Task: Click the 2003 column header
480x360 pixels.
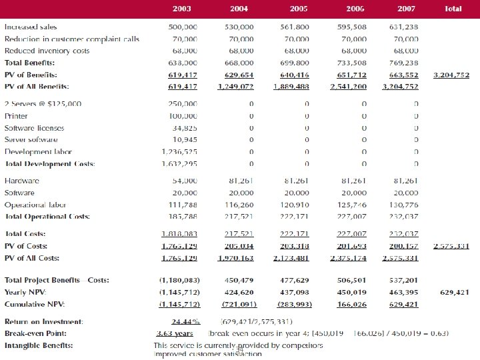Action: click(181, 9)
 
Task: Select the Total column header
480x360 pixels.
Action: click(453, 9)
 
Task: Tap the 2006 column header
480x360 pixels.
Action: click(355, 9)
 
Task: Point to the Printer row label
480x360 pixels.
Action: click(17, 115)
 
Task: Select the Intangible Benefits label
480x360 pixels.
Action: click(39, 345)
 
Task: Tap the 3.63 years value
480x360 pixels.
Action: click(175, 333)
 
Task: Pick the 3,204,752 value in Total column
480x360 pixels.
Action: click(451, 75)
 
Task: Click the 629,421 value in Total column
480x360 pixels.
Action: click(455, 292)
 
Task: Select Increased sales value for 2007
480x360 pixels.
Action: click(403, 27)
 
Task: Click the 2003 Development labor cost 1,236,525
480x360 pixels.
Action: click(179, 151)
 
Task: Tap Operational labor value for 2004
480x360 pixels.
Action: click(238, 205)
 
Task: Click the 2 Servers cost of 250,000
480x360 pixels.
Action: click(182, 104)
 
